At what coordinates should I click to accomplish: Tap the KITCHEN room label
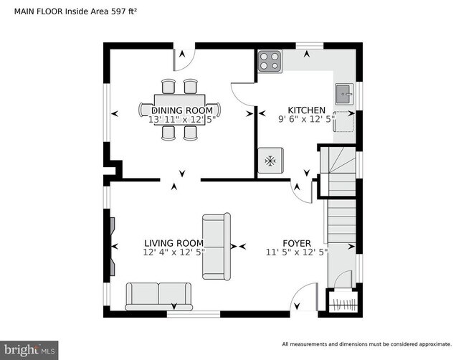tap(306, 110)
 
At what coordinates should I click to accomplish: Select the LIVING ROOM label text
tap(173, 242)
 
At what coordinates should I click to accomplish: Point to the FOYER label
tap(296, 242)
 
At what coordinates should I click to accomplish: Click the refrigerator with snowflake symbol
tap(270, 161)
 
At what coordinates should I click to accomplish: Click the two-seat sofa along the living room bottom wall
tap(158, 295)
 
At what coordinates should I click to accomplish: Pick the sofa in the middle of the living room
tap(216, 246)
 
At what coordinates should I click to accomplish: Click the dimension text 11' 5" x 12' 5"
tap(296, 252)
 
